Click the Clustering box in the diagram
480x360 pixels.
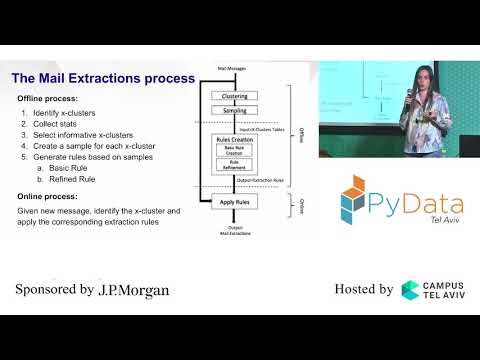coord(235,96)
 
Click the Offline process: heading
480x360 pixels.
coord(45,99)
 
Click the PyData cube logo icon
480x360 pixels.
coord(360,197)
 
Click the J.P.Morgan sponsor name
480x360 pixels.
coord(132,290)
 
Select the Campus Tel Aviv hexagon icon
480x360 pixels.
coord(412,290)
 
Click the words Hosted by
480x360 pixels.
coord(363,290)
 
